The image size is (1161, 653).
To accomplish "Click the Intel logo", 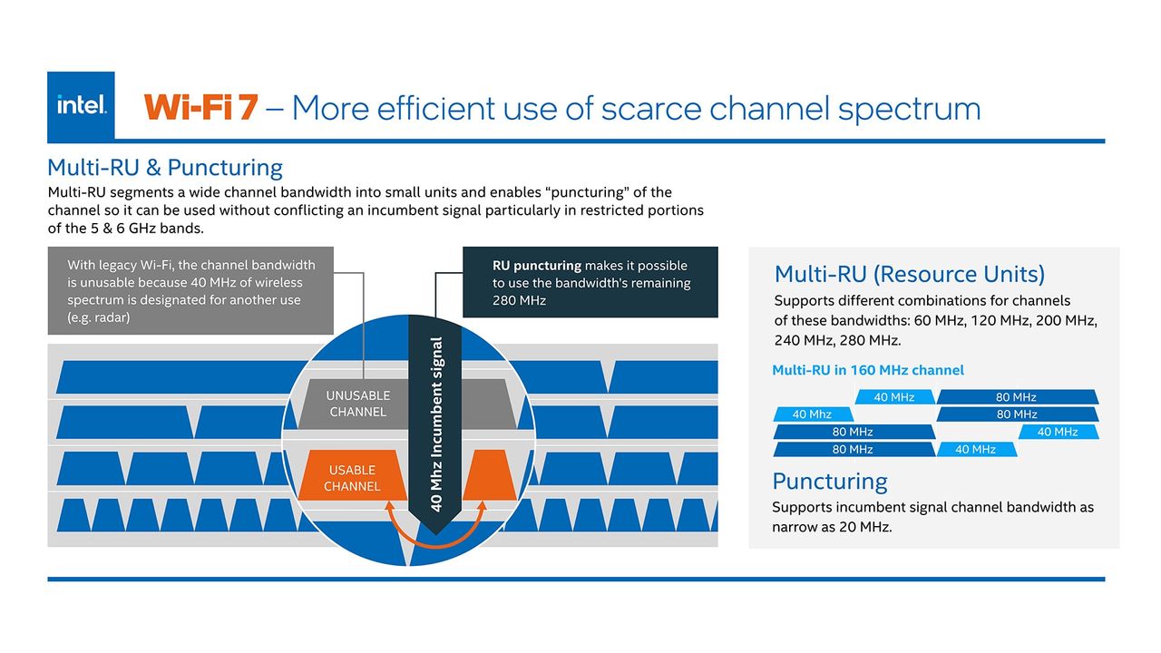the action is (81, 106).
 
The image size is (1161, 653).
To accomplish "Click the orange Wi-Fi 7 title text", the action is (200, 108).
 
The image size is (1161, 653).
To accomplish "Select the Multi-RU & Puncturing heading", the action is (165, 168).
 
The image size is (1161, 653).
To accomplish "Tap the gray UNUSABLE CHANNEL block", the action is (357, 404).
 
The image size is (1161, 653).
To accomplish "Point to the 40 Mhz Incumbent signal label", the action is (436, 424).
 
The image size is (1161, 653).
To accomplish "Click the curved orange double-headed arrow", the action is (436, 539).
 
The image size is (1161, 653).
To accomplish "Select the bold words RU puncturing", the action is (537, 266).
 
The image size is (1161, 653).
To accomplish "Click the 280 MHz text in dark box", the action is (519, 300).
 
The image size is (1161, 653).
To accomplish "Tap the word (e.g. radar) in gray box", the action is (99, 317).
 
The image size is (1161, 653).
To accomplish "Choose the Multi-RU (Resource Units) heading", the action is (910, 274).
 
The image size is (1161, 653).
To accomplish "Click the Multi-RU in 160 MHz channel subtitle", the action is (868, 370).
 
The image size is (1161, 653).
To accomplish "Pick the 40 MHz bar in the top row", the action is (894, 397).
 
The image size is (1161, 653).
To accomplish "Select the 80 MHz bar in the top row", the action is (1017, 397).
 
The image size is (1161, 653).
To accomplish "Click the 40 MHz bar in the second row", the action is (813, 414).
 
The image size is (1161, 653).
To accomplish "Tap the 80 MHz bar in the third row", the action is (854, 432).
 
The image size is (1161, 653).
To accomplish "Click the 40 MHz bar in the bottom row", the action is (977, 449).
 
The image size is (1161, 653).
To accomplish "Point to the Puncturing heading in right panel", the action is (829, 482).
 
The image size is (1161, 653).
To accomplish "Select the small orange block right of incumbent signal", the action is (489, 475).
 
